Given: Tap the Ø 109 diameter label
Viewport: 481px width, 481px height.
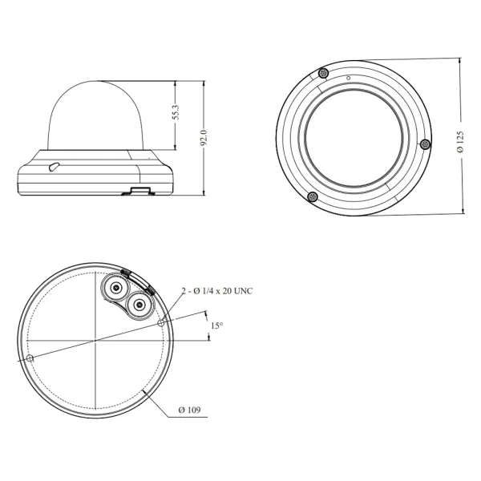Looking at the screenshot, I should (x=189, y=410).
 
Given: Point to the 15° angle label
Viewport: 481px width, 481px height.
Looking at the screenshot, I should (x=216, y=326).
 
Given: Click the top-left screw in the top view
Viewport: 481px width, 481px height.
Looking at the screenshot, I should (x=324, y=74).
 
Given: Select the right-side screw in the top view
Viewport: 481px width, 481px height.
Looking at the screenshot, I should (x=426, y=144).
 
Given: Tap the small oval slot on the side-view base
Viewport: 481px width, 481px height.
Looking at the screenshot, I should (x=53, y=168).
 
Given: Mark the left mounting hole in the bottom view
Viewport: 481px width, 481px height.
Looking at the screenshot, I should (x=30, y=358).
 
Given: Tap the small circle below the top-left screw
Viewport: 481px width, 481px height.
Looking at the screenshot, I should (x=349, y=78).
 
